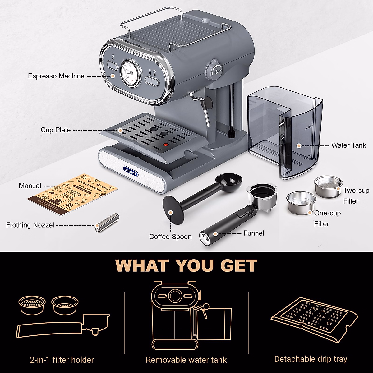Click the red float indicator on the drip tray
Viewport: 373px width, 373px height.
[x=166, y=145]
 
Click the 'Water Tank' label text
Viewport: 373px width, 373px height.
[x=348, y=145]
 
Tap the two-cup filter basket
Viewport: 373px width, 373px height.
[x=328, y=186]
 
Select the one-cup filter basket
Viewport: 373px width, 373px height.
[x=301, y=202]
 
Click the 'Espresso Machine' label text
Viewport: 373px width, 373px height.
[x=56, y=76]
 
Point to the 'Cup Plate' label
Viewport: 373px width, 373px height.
[x=56, y=130]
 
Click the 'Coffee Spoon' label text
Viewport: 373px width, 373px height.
[x=170, y=237]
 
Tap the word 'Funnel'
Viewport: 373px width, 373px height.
[x=254, y=233]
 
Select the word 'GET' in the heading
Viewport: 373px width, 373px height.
[x=239, y=266]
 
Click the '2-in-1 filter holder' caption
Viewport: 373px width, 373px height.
[x=62, y=360]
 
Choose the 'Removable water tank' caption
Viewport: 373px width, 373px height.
[x=186, y=360]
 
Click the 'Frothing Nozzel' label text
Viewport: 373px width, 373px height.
[x=30, y=225]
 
